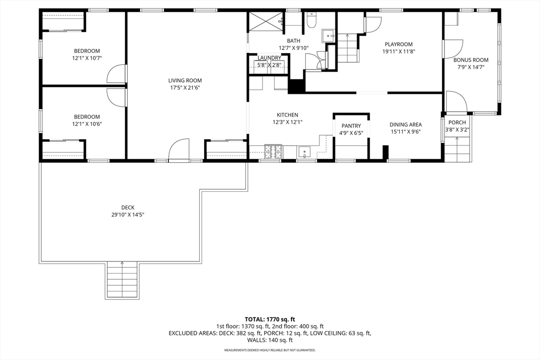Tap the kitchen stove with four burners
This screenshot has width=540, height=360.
click(x=273, y=152)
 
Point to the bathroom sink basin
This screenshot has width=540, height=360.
click(x=328, y=35)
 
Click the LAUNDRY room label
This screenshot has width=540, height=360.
click(x=269, y=58)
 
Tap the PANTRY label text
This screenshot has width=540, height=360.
click(x=351, y=126)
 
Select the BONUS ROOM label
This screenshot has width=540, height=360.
click(x=471, y=60)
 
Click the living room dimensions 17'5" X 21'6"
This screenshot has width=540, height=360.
click(x=185, y=88)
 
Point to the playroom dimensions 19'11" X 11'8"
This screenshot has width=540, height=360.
click(x=399, y=52)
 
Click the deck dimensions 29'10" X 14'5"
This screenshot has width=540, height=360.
click(x=128, y=215)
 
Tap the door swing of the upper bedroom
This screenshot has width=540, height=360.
click(x=117, y=73)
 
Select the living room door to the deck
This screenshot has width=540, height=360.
click(x=179, y=149)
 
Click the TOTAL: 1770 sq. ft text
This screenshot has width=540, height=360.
click(x=269, y=319)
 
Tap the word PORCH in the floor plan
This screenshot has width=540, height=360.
click(x=457, y=122)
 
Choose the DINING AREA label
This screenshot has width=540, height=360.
click(x=406, y=124)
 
